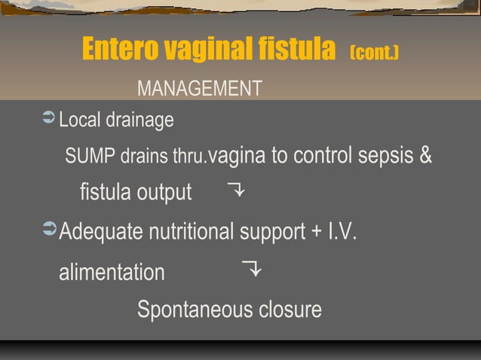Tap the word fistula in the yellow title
(296, 50)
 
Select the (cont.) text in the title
(374, 53)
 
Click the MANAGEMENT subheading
(200, 89)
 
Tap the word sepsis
(384, 156)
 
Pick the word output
(164, 193)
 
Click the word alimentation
(112, 272)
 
